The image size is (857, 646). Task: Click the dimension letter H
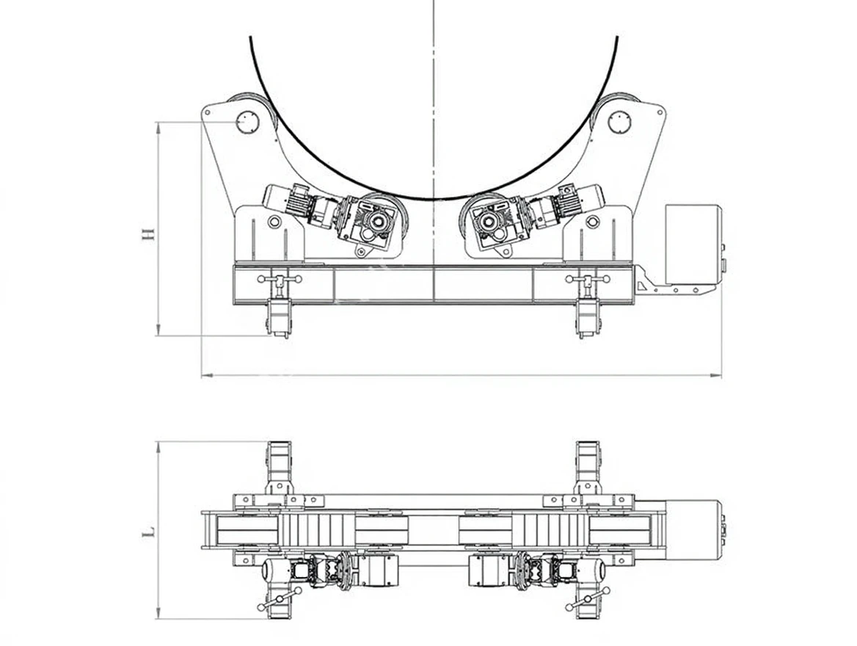click(148, 233)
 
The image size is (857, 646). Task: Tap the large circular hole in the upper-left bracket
click(247, 122)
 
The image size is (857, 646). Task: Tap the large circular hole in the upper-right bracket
click(619, 122)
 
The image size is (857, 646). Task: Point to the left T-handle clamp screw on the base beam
click(280, 281)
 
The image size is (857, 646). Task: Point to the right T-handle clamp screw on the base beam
click(588, 281)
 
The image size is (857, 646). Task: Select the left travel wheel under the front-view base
click(279, 319)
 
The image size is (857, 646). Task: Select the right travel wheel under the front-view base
click(588, 319)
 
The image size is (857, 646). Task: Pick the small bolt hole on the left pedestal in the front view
click(274, 222)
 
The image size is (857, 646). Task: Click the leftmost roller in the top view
click(246, 529)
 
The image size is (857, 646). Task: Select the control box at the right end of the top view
click(693, 529)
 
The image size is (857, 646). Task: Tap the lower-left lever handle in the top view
click(280, 599)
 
